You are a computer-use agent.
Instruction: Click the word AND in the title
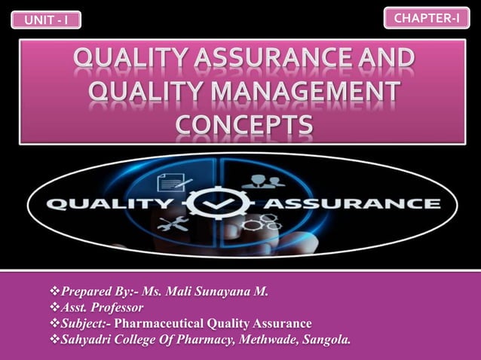coord(388,59)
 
